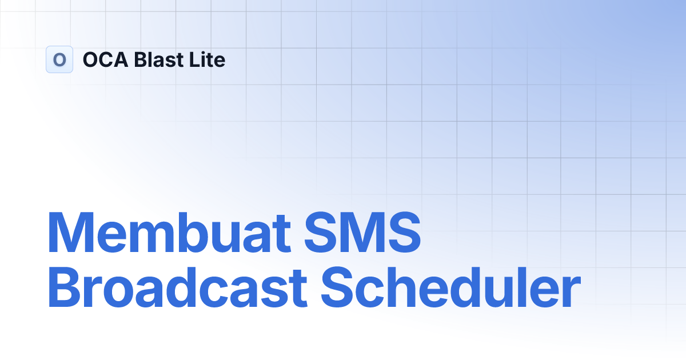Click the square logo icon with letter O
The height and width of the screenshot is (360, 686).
point(59,59)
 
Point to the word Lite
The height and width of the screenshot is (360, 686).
point(206,59)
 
